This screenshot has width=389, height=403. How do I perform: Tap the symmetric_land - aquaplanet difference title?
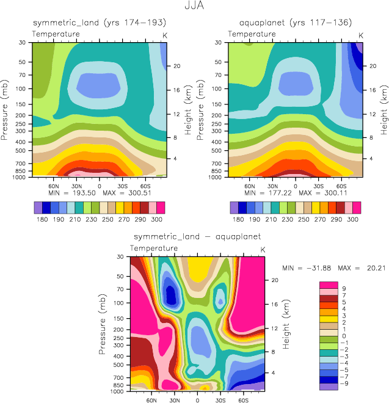[x=197, y=236]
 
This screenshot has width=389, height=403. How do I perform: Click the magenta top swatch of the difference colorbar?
[x=329, y=285]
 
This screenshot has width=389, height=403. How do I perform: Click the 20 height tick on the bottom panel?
[x=274, y=280]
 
